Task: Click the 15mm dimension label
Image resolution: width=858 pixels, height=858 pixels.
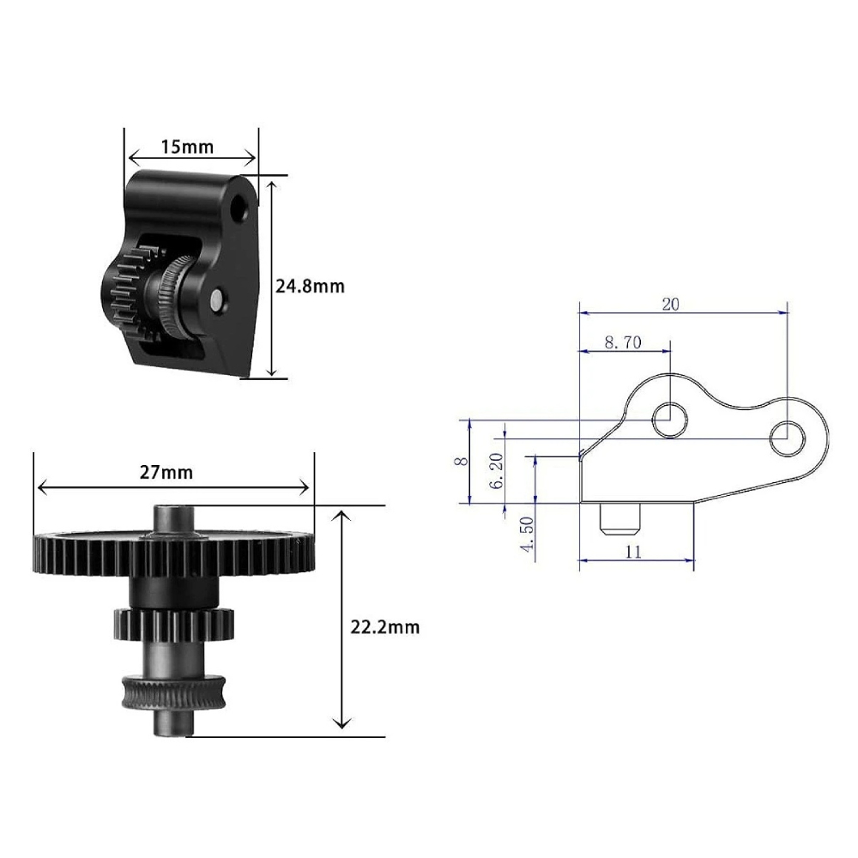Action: (x=187, y=147)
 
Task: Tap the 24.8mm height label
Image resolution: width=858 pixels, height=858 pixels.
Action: (x=310, y=287)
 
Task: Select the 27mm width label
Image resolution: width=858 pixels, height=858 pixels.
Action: (x=166, y=472)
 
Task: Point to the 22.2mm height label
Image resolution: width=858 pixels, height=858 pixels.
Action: (x=385, y=626)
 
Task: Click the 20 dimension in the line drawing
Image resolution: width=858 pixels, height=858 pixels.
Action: (x=670, y=305)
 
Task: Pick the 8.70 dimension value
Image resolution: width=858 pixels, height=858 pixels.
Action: (x=623, y=342)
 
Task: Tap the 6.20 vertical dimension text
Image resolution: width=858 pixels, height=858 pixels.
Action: (x=496, y=470)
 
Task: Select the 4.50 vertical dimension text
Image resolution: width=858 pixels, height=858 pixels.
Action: (x=527, y=534)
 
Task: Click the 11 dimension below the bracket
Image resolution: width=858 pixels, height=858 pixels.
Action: (x=633, y=551)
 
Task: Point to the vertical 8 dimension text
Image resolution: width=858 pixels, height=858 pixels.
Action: (x=462, y=461)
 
